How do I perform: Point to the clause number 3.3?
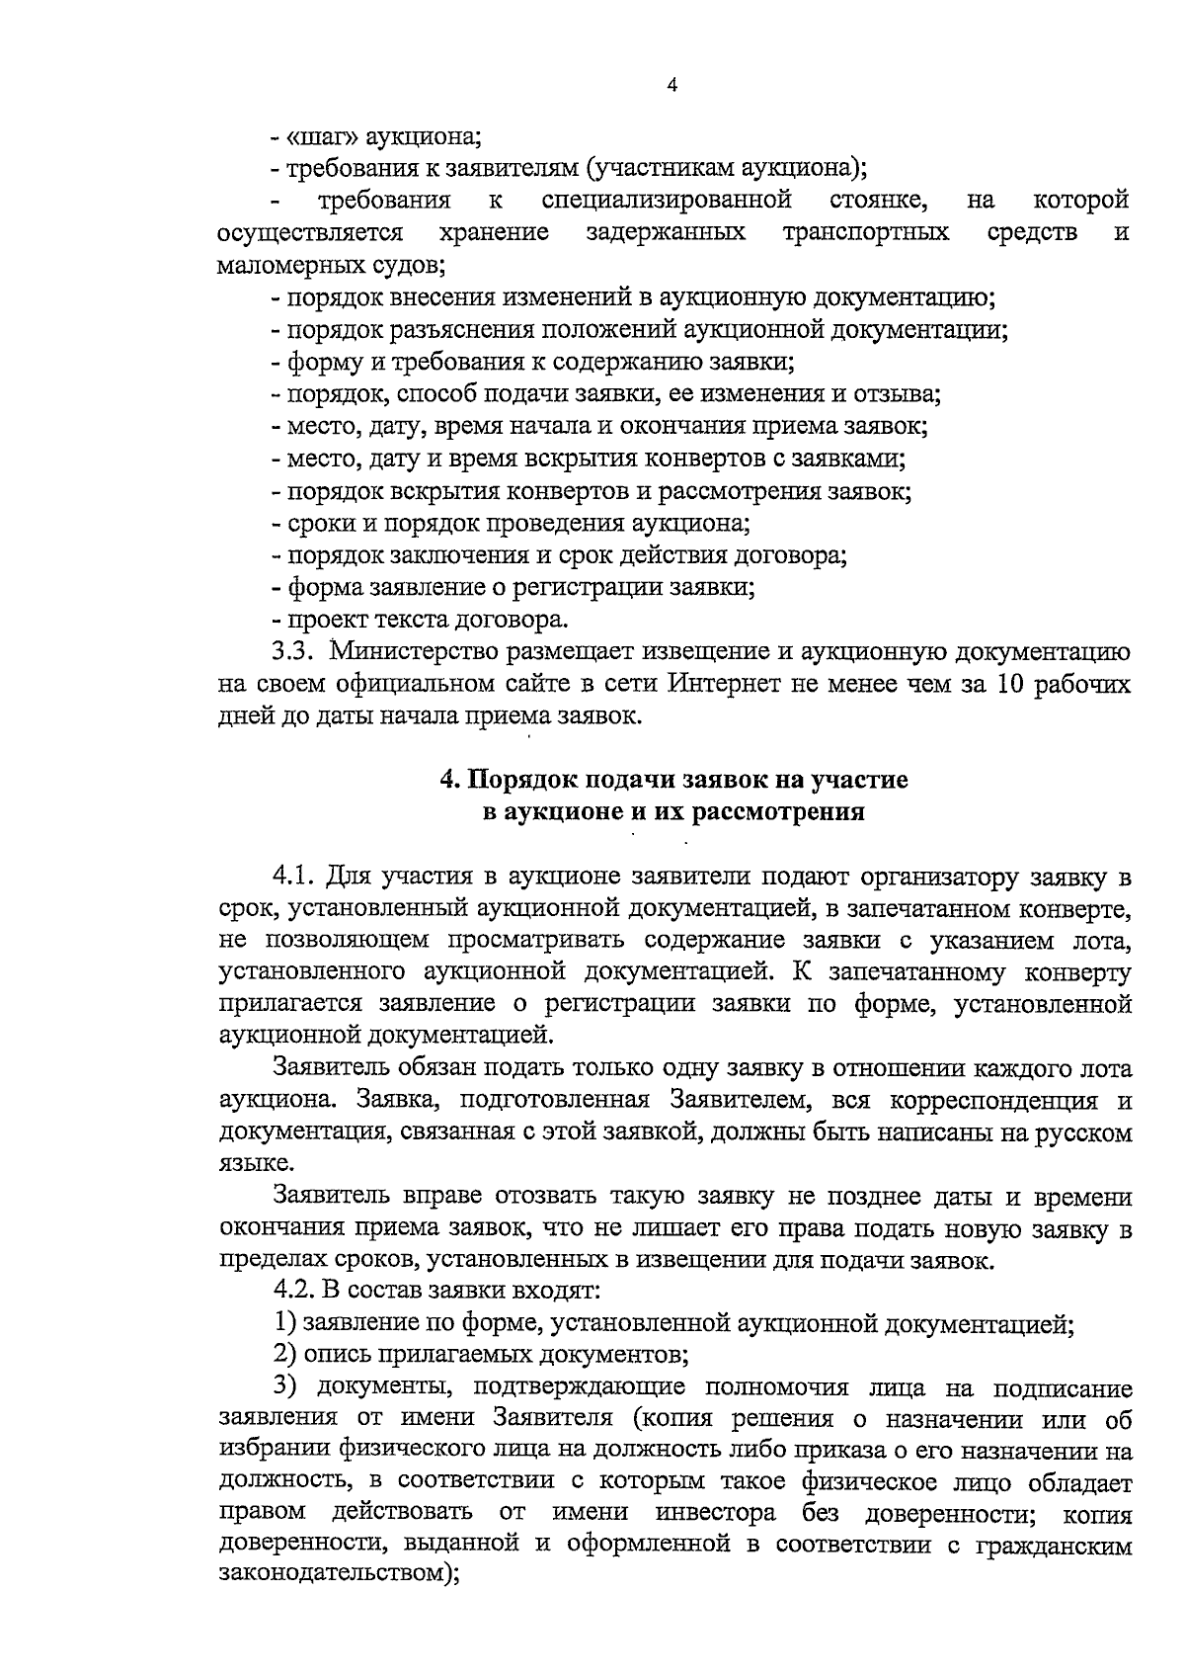294,652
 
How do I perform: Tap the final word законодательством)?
339,1576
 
